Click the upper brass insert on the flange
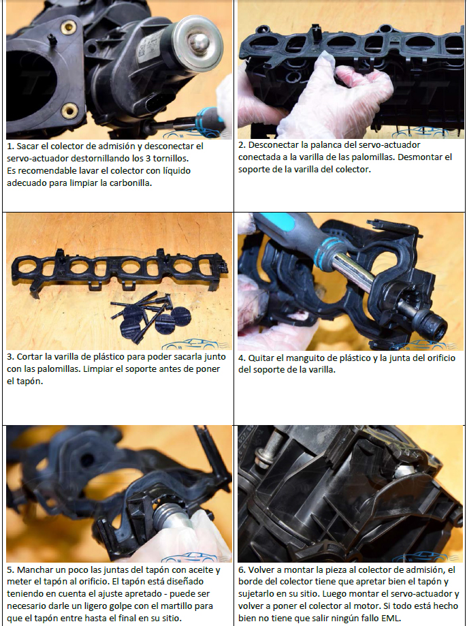(69, 27)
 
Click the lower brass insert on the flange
(69, 110)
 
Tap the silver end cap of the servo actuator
(197, 44)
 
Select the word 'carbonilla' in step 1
(131, 183)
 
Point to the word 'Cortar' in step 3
(29, 356)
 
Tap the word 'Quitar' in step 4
(261, 358)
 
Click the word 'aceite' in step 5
(202, 569)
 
